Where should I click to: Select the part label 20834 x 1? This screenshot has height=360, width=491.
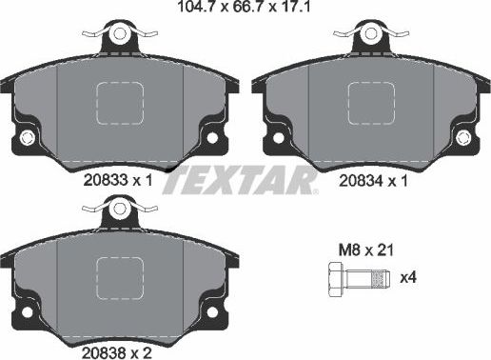tap(373, 178)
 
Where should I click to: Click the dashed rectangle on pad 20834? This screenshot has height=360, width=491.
tap(372, 101)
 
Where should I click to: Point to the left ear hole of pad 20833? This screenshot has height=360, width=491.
tap(25, 142)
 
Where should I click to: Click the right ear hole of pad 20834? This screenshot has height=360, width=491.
tap(467, 142)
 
